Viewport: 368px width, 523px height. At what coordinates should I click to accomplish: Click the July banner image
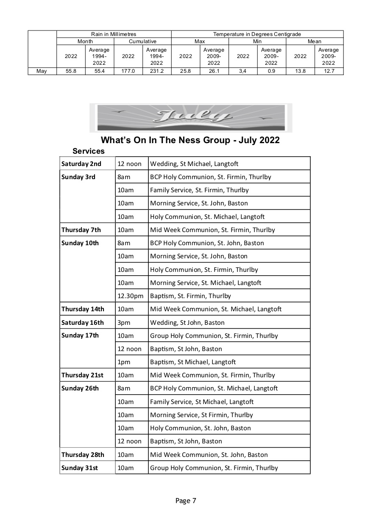(x=191, y=117)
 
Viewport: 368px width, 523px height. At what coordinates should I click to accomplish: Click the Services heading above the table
(x=88, y=151)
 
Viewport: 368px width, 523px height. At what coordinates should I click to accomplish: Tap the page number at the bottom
(x=186, y=501)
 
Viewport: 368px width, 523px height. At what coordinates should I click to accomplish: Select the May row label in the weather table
(x=42, y=71)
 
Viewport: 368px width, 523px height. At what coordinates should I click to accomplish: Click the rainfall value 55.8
(x=71, y=71)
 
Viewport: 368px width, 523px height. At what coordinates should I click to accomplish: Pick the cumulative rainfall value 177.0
(x=128, y=71)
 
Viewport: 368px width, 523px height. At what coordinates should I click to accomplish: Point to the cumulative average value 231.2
(x=156, y=71)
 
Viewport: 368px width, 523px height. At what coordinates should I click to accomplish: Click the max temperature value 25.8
(x=185, y=71)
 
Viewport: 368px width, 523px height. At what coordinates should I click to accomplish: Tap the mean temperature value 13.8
(x=300, y=71)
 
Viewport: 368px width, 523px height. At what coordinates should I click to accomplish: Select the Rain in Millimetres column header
(x=114, y=34)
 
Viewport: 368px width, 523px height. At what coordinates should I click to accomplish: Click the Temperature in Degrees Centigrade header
(x=257, y=34)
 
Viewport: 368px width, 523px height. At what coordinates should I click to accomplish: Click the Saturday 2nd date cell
(x=81, y=164)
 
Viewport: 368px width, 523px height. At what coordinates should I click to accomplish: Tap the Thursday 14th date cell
(x=83, y=309)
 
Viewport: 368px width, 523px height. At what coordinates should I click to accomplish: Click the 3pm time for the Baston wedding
(x=124, y=323)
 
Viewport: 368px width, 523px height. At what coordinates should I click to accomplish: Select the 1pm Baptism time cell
(x=123, y=362)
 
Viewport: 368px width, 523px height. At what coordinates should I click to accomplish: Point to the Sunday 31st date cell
(x=80, y=468)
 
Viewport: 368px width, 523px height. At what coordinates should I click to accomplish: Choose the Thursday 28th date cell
(x=83, y=455)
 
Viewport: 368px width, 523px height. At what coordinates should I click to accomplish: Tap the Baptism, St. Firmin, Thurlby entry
(x=190, y=296)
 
